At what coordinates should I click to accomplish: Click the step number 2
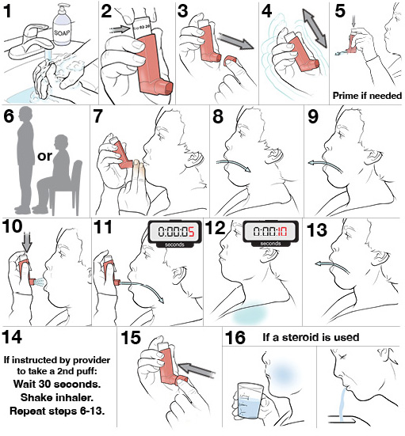click(x=107, y=11)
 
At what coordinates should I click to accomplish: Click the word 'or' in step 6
click(x=44, y=155)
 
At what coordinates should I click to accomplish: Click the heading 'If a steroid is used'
click(x=311, y=337)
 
